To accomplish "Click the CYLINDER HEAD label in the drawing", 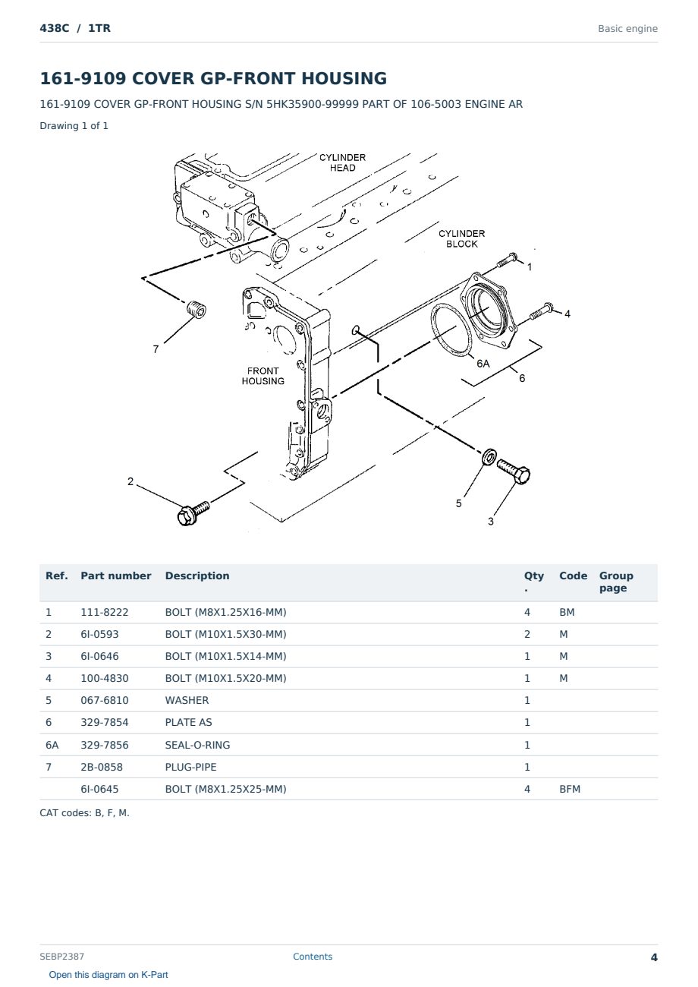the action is coord(342,162).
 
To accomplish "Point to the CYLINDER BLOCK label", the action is coord(461,239).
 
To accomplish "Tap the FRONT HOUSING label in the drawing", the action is coord(263,376).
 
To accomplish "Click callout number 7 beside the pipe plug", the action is coord(156,349).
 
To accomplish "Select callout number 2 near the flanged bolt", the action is coord(130,481).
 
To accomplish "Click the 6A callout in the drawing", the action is coord(483,364).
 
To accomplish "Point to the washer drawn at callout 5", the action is coord(489,456).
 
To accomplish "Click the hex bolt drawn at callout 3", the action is coord(514,471).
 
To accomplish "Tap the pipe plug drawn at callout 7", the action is coord(196,309).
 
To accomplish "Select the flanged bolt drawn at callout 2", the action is coord(193,513).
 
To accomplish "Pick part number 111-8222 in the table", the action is coord(105,612).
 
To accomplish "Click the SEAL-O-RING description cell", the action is coord(197,745).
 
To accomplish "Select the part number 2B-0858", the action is coord(102,767).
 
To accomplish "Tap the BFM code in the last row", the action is coord(570,789).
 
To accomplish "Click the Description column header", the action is coord(197,575).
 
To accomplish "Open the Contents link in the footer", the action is coord(313,956).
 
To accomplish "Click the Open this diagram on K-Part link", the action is coord(108,974).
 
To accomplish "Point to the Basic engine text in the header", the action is coord(627,29).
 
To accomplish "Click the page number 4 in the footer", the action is coord(654,957).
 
